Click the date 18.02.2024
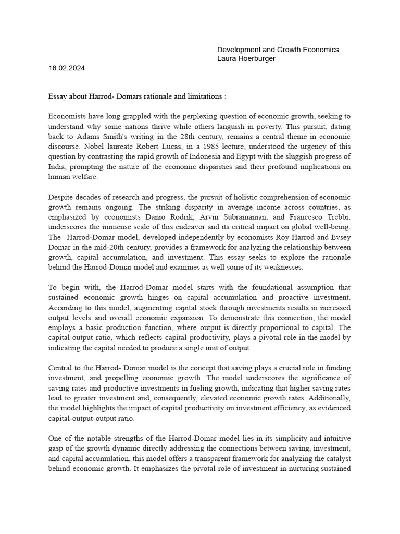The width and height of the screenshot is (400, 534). click(x=67, y=68)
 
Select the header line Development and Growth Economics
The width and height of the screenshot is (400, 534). click(x=278, y=50)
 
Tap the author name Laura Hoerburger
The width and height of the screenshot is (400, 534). click(x=246, y=59)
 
